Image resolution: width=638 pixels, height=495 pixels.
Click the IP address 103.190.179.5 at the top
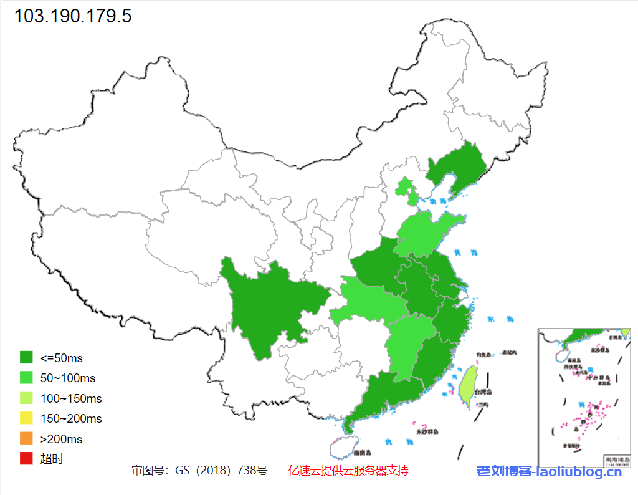[x=73, y=16]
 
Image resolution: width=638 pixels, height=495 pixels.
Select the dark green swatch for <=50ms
[x=26, y=358]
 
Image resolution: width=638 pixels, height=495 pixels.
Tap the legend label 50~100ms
[x=68, y=378]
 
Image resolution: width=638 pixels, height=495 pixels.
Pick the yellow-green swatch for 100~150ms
[x=26, y=398]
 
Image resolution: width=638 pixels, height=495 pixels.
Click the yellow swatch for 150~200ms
[x=26, y=418]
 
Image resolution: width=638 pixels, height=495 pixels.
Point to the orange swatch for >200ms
[x=26, y=439]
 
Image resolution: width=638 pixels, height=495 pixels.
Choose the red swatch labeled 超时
[x=26, y=459]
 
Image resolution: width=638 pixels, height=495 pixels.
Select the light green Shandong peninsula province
[x=424, y=234]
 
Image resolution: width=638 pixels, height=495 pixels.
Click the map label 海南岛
[x=362, y=453]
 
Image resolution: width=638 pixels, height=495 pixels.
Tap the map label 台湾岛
[x=483, y=393]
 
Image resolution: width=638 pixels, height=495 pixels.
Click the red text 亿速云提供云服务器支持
[x=348, y=471]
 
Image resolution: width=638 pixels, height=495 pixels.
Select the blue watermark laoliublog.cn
[x=550, y=472]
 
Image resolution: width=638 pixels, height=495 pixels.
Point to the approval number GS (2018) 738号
[x=199, y=471]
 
